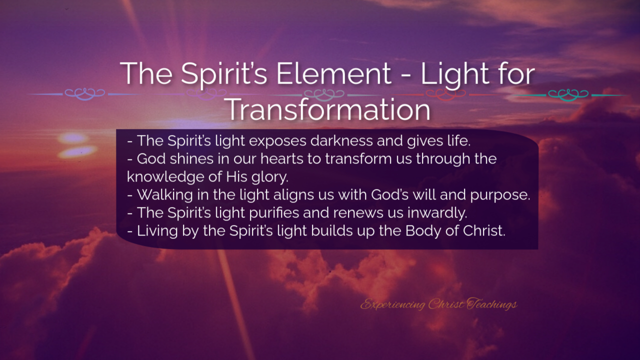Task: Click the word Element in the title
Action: point(333,73)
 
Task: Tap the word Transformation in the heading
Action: point(329,109)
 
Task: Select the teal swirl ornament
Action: point(568,94)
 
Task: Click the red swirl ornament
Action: point(445,94)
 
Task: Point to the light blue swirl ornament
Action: point(85,94)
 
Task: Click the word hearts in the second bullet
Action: point(281,158)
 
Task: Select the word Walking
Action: point(165,195)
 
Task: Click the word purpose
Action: point(500,195)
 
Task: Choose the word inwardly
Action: point(437,213)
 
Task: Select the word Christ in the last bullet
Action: point(484,231)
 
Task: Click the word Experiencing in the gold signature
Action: point(392,304)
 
